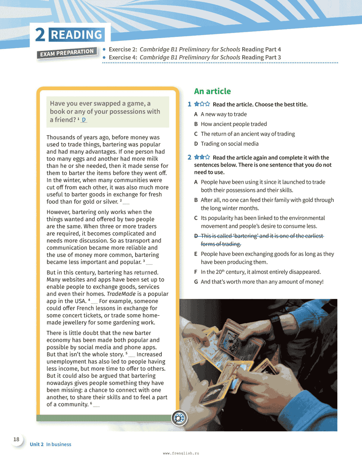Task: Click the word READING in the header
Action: [76, 35]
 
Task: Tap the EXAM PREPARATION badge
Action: [67, 53]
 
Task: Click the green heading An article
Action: [212, 91]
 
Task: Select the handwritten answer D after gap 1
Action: [84, 120]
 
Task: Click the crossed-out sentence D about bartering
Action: [259, 240]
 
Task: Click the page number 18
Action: [16, 439]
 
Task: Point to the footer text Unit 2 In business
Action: [50, 444]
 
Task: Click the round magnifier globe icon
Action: [179, 418]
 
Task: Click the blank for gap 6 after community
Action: [96, 405]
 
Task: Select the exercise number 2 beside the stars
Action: [189, 157]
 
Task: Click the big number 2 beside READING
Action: [40, 35]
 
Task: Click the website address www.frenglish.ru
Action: [181, 453]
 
